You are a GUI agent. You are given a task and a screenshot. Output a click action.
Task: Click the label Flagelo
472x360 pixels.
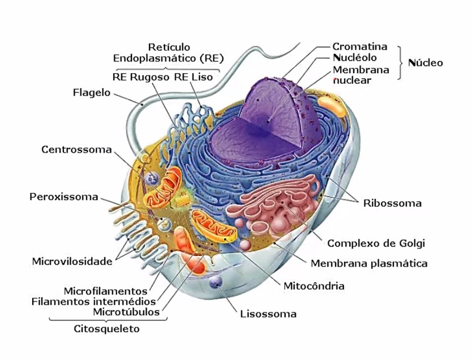click(91, 93)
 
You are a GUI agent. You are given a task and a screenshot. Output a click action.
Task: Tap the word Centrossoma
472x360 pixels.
click(76, 149)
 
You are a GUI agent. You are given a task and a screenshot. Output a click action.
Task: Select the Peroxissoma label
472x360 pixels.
click(64, 197)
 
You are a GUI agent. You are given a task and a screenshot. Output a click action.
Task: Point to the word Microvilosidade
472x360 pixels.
click(72, 261)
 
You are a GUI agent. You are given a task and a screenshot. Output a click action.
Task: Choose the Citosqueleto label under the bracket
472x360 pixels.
click(106, 329)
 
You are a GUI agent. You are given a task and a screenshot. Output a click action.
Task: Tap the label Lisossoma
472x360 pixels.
click(268, 313)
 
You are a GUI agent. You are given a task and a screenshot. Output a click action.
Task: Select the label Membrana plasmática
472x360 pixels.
click(369, 263)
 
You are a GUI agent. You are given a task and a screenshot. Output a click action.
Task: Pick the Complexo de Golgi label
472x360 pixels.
click(376, 244)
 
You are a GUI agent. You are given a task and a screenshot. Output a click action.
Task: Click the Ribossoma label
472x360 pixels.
click(392, 203)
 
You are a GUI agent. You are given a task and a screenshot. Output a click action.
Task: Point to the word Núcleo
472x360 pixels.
click(425, 63)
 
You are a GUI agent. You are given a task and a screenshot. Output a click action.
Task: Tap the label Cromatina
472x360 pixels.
click(360, 47)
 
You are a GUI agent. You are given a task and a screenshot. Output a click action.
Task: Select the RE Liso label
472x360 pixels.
click(193, 76)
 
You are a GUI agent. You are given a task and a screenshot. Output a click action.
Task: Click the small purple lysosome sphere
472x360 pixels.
click(216, 282)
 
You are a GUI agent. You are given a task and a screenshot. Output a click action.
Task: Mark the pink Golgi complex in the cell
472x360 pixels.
click(277, 206)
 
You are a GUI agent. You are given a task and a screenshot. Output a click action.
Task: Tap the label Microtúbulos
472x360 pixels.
click(127, 311)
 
